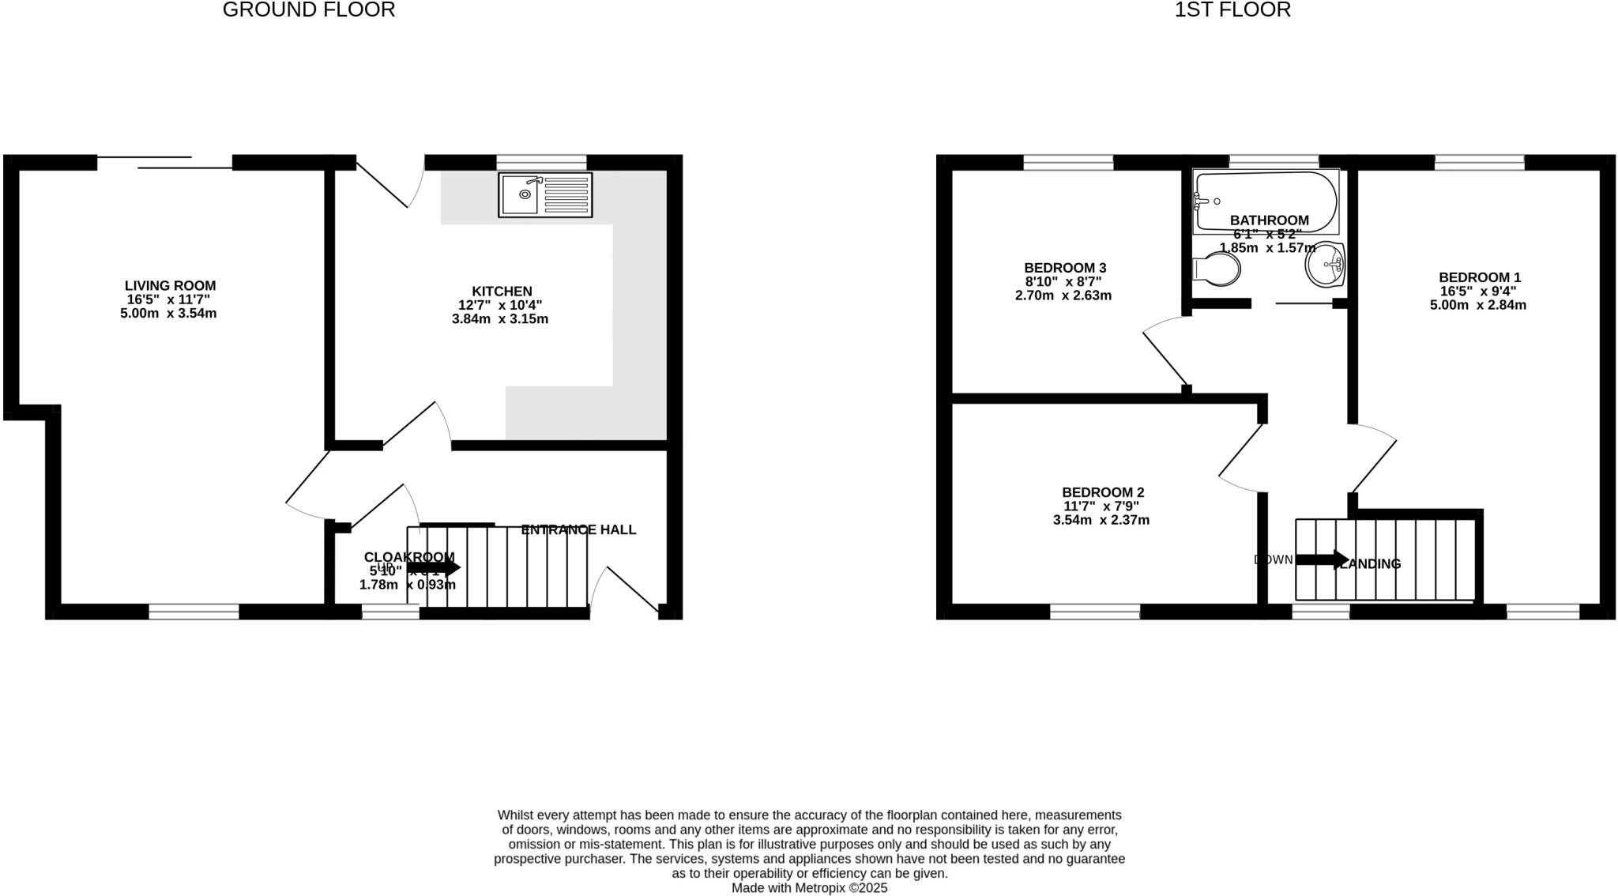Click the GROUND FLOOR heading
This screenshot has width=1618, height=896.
pyautogui.click(x=309, y=10)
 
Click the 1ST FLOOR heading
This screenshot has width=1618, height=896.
pyautogui.click(x=1232, y=10)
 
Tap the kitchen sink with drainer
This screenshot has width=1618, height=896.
pyautogui.click(x=544, y=194)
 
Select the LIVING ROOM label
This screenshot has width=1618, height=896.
pyautogui.click(x=170, y=286)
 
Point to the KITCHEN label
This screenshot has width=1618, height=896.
pyautogui.click(x=502, y=292)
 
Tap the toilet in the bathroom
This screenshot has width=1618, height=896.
pyautogui.click(x=1216, y=269)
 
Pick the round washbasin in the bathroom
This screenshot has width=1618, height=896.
pyautogui.click(x=1326, y=265)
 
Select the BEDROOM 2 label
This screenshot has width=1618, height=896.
pyautogui.click(x=1102, y=492)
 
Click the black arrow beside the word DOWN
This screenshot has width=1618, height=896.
pyautogui.click(x=1322, y=560)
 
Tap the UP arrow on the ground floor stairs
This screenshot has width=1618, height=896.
pyautogui.click(x=434, y=567)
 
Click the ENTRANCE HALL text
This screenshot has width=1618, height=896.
pyautogui.click(x=578, y=530)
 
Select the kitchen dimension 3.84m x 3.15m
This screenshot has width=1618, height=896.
pyautogui.click(x=499, y=320)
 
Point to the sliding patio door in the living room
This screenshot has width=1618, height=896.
pyautogui.click(x=164, y=163)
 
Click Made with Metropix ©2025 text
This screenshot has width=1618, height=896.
pyautogui.click(x=809, y=888)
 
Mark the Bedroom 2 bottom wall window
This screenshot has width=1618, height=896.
pyautogui.click(x=1095, y=611)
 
